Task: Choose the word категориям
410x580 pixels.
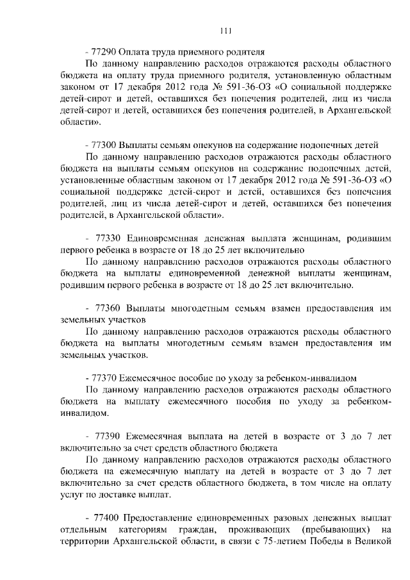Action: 143,530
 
